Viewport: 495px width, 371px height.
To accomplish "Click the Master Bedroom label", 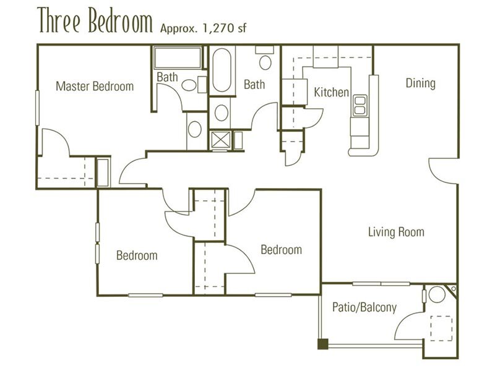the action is [95, 86].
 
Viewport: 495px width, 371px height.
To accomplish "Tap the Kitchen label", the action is [332, 92].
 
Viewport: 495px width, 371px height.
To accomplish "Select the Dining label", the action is [421, 83].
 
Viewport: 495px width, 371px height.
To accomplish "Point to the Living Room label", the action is [396, 232].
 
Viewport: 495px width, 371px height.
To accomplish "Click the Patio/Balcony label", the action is [364, 307].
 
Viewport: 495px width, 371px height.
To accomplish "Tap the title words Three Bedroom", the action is [95, 20].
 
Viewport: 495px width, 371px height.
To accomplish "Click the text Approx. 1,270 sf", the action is [204, 28].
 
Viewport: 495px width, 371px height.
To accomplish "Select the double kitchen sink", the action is [360, 105].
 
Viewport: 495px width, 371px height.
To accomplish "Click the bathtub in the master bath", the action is [178, 58].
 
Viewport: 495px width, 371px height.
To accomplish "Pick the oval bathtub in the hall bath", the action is [222, 70].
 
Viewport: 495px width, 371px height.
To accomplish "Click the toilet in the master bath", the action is [192, 85].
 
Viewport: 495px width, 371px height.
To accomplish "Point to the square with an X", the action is [220, 140].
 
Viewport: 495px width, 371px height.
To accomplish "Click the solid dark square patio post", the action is [322, 344].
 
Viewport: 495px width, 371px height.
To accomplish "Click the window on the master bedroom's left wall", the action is [37, 108].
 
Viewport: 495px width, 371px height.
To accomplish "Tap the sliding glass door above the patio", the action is [381, 284].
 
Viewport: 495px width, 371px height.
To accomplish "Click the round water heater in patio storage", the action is [437, 294].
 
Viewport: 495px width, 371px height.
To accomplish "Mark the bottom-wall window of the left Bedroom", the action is [145, 296].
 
